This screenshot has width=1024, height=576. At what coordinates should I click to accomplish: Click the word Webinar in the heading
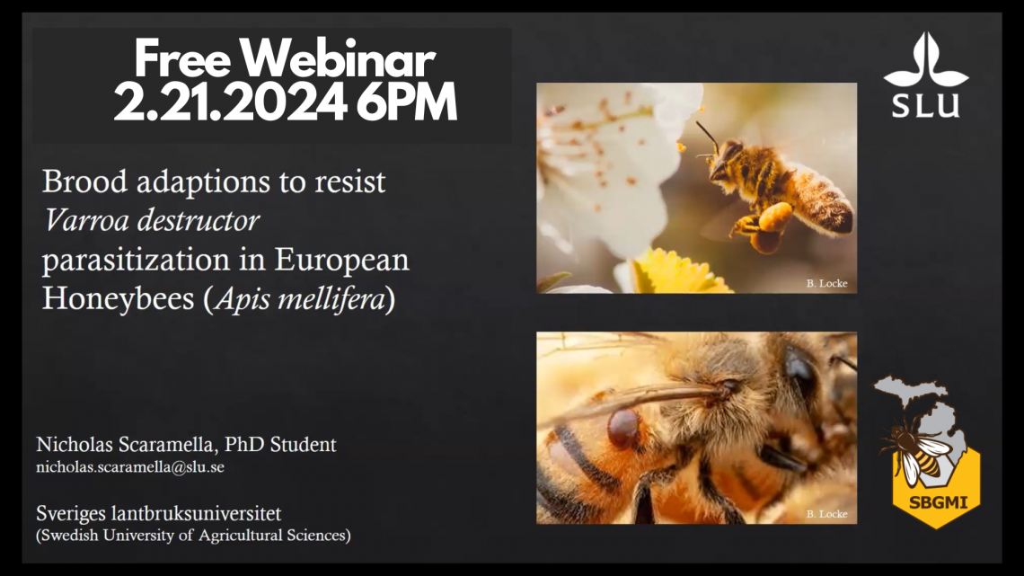[x=339, y=61]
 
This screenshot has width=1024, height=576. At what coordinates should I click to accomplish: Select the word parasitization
[x=143, y=261]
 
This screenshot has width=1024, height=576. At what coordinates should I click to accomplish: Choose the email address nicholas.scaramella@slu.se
[x=129, y=467]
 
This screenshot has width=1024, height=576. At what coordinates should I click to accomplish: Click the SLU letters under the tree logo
[x=925, y=105]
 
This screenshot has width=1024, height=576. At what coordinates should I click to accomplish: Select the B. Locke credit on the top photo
[x=826, y=284]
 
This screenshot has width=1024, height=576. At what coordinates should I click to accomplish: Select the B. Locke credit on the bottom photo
[x=826, y=514]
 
